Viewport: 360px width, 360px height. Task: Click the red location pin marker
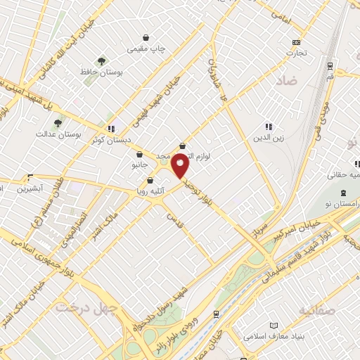tap(181, 166)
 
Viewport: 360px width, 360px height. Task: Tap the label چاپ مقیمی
tap(146, 49)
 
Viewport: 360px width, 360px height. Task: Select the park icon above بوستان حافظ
tap(102, 61)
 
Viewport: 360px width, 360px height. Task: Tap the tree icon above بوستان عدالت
tap(58, 122)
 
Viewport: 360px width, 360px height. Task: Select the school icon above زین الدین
tap(269, 127)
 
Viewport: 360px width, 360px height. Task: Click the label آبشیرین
tap(31, 188)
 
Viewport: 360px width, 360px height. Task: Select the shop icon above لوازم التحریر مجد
tap(183, 146)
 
